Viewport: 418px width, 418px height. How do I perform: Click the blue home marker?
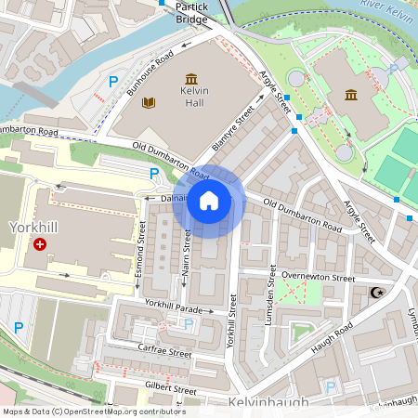[209, 200]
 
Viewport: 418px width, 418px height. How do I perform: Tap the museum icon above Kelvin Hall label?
[191, 80]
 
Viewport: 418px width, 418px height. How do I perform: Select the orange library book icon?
[148, 102]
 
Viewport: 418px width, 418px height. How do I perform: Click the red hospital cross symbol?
[40, 244]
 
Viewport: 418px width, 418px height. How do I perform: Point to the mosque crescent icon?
[376, 294]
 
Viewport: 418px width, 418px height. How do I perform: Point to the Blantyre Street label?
[233, 127]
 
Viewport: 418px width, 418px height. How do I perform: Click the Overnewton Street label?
[319, 277]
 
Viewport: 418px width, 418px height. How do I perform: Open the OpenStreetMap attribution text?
[93, 411]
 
